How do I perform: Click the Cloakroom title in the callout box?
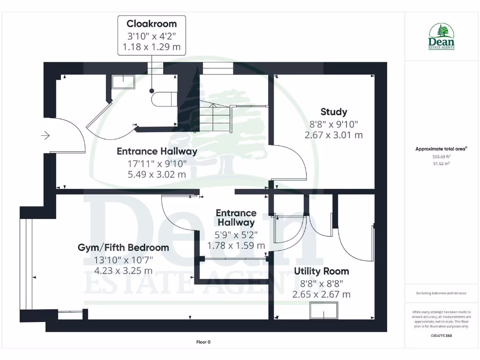click(x=151, y=24)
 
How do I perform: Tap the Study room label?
click(x=334, y=112)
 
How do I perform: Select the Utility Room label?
click(x=321, y=271)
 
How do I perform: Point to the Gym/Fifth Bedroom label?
click(x=123, y=247)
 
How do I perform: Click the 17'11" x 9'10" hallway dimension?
click(x=157, y=163)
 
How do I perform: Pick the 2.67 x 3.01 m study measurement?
click(x=334, y=135)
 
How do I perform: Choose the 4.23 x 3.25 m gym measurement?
click(x=123, y=270)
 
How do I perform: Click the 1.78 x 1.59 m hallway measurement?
click(x=236, y=245)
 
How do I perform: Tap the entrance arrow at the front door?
click(x=45, y=136)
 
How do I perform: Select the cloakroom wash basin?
click(x=123, y=82)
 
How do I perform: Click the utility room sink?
click(x=323, y=310)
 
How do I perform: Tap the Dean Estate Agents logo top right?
click(x=441, y=37)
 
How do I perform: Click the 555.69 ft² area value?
click(x=441, y=157)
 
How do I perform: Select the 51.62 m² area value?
click(x=441, y=164)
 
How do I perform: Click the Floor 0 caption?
click(x=203, y=342)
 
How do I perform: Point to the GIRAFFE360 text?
click(x=441, y=336)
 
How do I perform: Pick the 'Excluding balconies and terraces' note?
click(x=441, y=293)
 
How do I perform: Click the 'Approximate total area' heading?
click(x=441, y=149)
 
